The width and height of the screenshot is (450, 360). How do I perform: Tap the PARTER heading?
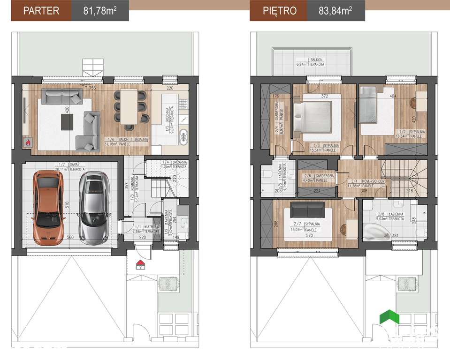41,10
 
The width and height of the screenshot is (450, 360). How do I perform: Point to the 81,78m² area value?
100,10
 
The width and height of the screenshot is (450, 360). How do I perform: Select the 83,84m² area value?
336,10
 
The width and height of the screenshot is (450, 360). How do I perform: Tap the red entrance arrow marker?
139,263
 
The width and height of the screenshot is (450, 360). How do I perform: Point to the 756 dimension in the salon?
93,88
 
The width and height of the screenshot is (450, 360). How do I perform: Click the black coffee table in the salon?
68,122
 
